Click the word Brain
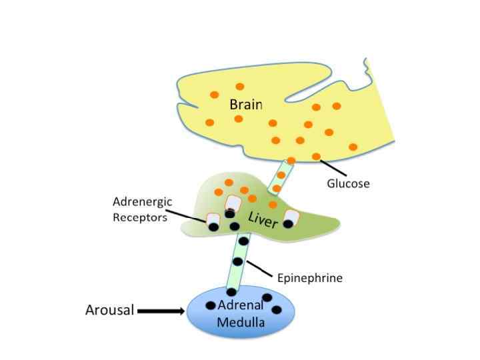coord(245,105)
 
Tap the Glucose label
coord(347,183)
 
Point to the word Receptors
coord(140,217)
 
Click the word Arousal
coord(109,310)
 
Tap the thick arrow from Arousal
coord(161,311)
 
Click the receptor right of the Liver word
coord(291,217)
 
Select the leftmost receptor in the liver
coord(213,223)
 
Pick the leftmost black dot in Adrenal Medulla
coord(211,305)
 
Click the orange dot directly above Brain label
coord(240,87)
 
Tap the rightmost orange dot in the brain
coord(353,147)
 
